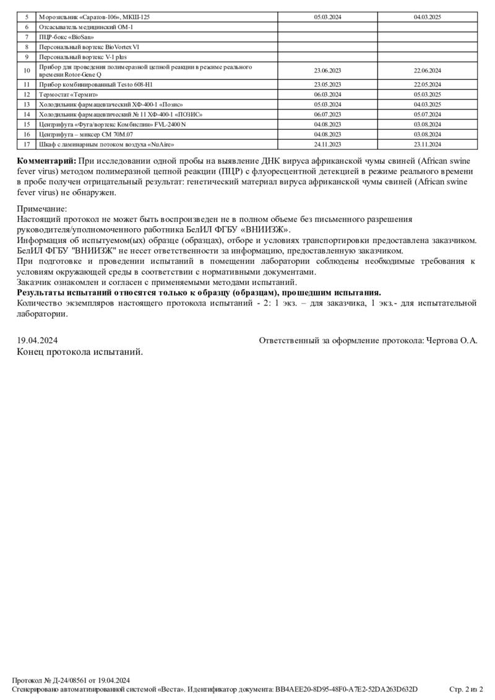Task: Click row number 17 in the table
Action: pyautogui.click(x=27, y=144)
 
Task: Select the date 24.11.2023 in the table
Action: pyautogui.click(x=327, y=144)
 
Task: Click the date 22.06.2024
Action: pyautogui.click(x=427, y=70)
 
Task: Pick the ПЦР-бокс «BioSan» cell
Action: pyautogui.click(x=62, y=37)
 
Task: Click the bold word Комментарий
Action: pyautogui.click(x=47, y=160)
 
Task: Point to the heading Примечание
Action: pyautogui.click(x=42, y=209)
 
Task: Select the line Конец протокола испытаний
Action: pyautogui.click(x=80, y=351)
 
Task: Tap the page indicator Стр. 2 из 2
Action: pyautogui.click(x=465, y=689)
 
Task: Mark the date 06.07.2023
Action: pyautogui.click(x=327, y=114)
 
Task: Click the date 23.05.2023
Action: pyautogui.click(x=327, y=84)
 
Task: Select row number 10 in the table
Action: pyautogui.click(x=27, y=70)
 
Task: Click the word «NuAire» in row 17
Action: pyautogui.click(x=160, y=144)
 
